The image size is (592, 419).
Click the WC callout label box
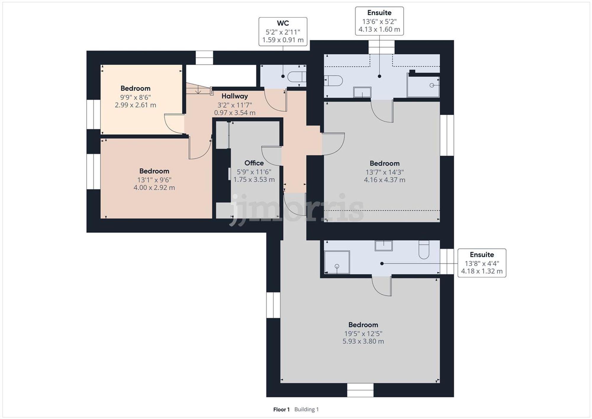[x=283, y=32]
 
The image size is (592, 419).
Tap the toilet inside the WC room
[x=297, y=77]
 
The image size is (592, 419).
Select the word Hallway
[x=234, y=96]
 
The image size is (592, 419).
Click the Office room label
[x=254, y=163]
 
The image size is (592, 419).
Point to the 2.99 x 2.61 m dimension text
[x=135, y=105]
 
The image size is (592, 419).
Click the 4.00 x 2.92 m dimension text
[x=154, y=187]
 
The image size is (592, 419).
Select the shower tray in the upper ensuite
[x=423, y=85]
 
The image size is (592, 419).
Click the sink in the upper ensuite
[x=362, y=92]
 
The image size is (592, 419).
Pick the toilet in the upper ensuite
[x=333, y=80]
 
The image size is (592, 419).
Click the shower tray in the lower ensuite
[x=337, y=262]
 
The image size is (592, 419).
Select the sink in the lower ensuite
[x=384, y=245]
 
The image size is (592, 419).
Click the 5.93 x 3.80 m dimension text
[x=363, y=341]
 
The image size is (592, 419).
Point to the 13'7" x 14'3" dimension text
[x=384, y=172]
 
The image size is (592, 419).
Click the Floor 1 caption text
[x=281, y=410]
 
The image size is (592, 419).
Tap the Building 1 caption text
[x=306, y=410]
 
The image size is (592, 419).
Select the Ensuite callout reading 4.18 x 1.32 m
[x=482, y=263]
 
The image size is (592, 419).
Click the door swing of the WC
[x=275, y=101]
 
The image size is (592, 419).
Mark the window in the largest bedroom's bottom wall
[x=360, y=390]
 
